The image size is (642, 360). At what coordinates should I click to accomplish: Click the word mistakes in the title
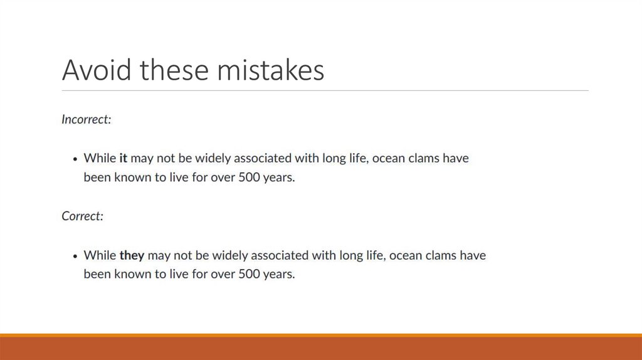[x=271, y=70]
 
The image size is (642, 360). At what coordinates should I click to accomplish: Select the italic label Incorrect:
[x=86, y=119]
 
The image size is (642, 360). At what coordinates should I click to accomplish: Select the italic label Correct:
[x=82, y=216]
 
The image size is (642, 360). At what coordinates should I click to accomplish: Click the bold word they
[x=132, y=255]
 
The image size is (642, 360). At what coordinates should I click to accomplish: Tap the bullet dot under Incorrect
[x=75, y=159]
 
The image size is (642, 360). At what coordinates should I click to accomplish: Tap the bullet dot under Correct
[x=75, y=256]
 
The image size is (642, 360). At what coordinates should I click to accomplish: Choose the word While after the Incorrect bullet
[x=100, y=158]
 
